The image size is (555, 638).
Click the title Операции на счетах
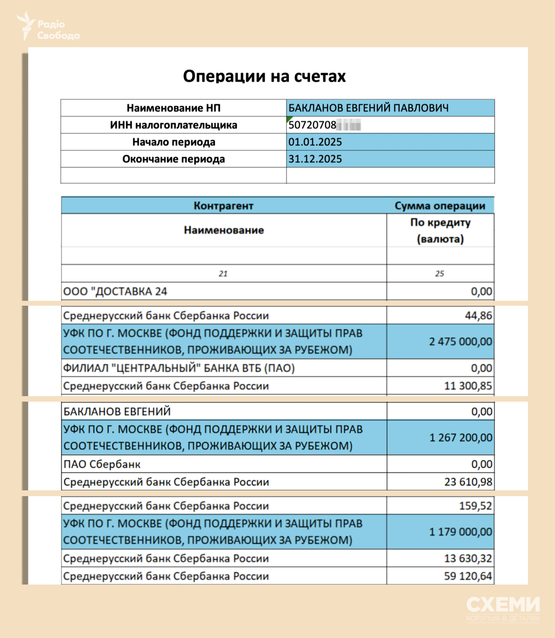264,76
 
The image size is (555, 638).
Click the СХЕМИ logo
503,607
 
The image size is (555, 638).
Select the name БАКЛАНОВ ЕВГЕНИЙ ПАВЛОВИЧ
368,108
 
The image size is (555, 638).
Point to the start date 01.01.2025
315,142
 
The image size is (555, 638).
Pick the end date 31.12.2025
315,159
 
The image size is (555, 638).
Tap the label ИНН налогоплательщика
173,125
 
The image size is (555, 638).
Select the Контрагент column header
223,206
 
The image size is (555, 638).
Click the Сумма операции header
440,206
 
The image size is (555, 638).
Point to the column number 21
223,274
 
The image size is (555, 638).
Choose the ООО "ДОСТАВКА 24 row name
115,292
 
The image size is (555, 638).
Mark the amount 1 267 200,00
460,438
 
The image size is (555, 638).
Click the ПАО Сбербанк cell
102,464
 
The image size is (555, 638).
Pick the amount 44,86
478,316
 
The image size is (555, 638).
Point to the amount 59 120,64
468,576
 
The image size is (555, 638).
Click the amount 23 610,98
468,482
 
